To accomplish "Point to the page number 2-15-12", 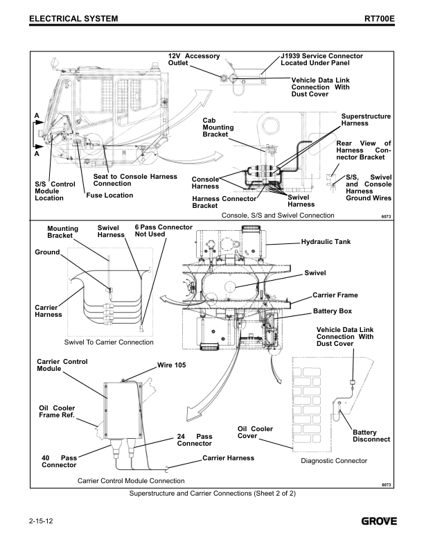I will click(x=43, y=520).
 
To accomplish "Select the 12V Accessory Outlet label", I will click(x=194, y=59).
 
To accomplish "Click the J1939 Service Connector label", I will click(x=321, y=59).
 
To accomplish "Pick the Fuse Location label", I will click(x=109, y=195).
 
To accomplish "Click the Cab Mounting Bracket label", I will click(x=218, y=127).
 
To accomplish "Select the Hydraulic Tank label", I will click(x=329, y=243).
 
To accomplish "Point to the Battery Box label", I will click(x=333, y=311).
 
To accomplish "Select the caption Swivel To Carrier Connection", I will click(x=109, y=342).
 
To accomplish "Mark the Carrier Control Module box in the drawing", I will click(x=123, y=409).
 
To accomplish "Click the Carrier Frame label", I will click(x=335, y=295).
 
